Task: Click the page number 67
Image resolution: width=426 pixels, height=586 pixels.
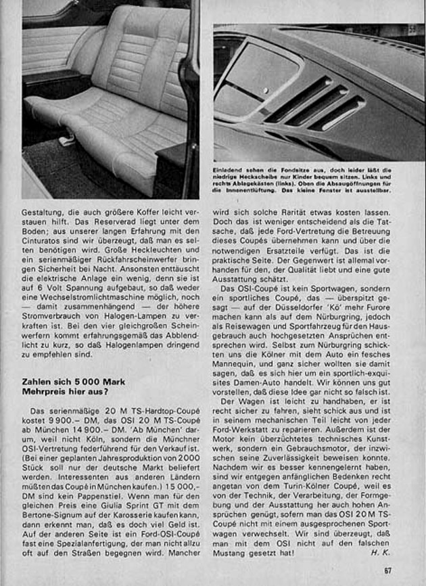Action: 387,570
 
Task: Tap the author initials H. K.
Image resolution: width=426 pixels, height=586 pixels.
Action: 381,552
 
